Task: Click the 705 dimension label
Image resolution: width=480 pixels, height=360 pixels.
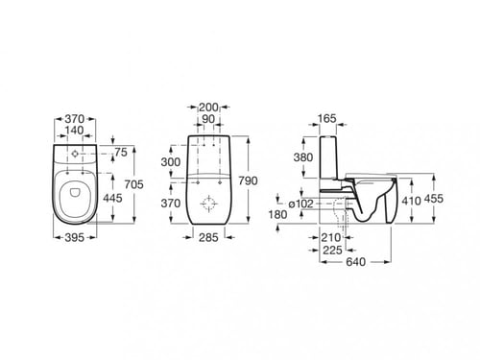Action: pyautogui.click(x=134, y=184)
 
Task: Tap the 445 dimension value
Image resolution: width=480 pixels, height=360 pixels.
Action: pyautogui.click(x=112, y=198)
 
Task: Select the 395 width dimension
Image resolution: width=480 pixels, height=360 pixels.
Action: pyautogui.click(x=75, y=237)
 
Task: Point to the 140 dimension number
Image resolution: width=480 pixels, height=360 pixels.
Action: pyautogui.click(x=74, y=131)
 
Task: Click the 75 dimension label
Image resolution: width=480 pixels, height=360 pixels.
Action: pyautogui.click(x=121, y=153)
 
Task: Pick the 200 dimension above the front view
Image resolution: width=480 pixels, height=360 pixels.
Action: pyautogui.click(x=208, y=108)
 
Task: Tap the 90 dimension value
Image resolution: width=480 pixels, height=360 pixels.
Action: pyautogui.click(x=208, y=119)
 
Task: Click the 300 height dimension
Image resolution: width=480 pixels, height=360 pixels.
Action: pyautogui.click(x=171, y=162)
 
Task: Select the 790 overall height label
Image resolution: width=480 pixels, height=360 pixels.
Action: pyautogui.click(x=248, y=181)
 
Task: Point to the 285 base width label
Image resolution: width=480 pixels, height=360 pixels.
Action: pyautogui.click(x=208, y=237)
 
